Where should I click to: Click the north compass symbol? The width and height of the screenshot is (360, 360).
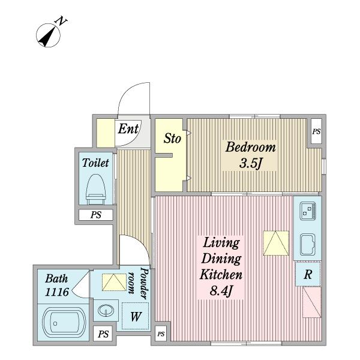[48, 35]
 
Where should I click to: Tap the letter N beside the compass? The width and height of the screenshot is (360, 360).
[61, 21]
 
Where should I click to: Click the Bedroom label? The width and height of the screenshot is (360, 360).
[250, 147]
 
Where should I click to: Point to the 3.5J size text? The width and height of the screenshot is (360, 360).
[250, 163]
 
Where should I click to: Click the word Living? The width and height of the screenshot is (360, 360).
[221, 243]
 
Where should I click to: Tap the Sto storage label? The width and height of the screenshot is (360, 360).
[172, 139]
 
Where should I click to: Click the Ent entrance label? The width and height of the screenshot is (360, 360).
[128, 128]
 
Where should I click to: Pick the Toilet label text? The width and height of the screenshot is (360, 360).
[95, 163]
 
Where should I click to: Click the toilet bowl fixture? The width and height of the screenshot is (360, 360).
[96, 190]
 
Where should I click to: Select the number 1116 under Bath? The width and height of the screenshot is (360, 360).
[57, 292]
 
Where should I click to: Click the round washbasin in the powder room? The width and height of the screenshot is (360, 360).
[106, 311]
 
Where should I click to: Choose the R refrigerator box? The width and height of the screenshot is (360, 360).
[308, 274]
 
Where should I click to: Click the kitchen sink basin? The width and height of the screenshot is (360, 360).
[308, 245]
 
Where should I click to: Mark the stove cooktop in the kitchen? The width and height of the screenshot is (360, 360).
[308, 211]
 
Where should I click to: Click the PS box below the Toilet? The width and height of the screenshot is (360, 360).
[96, 215]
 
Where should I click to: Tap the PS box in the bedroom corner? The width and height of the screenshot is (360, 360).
[316, 131]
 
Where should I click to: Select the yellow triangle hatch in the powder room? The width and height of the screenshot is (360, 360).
[114, 283]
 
